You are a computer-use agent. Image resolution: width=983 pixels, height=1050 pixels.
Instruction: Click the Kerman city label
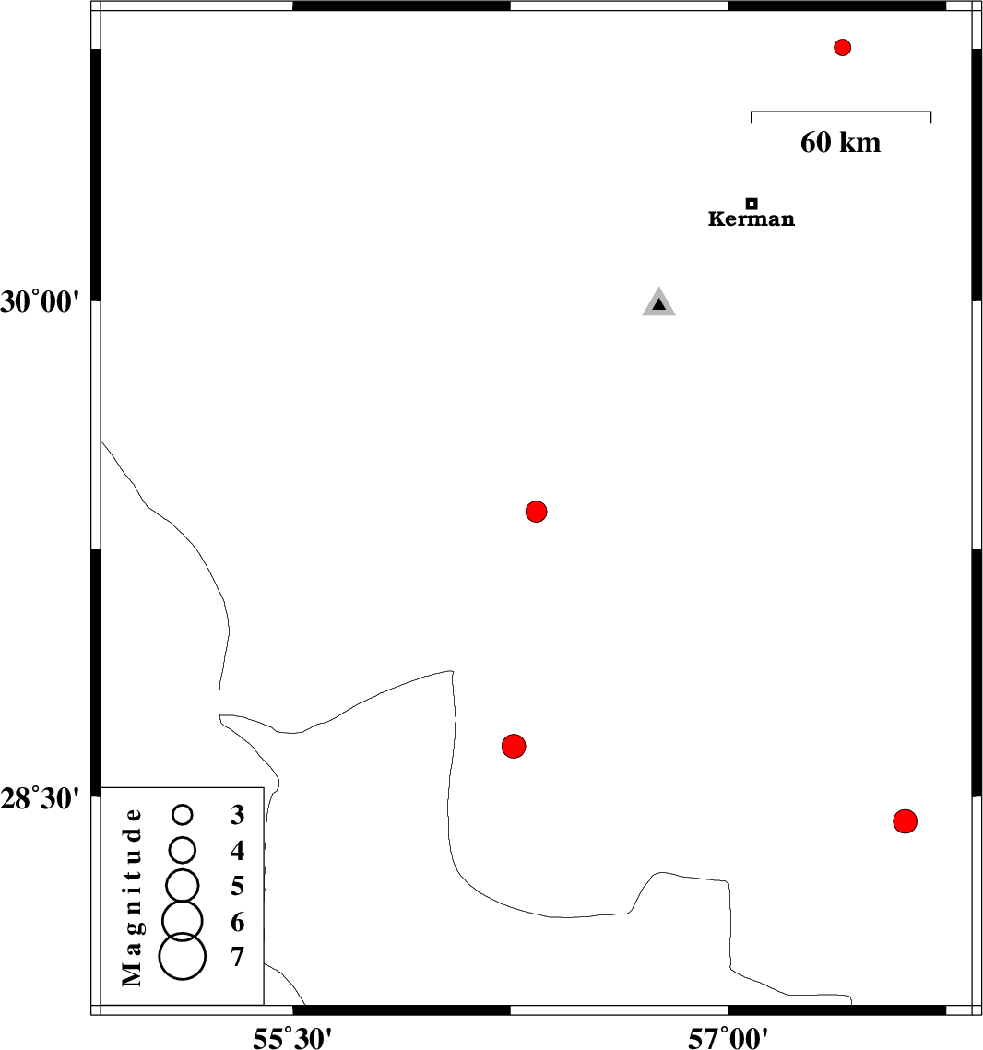(x=751, y=219)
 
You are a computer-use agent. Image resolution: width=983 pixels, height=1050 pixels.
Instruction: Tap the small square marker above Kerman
(x=752, y=203)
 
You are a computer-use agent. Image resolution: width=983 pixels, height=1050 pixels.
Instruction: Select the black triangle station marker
(x=658, y=303)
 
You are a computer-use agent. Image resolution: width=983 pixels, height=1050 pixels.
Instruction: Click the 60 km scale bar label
(x=840, y=143)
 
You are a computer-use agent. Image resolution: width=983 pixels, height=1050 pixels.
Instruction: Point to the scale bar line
(x=841, y=112)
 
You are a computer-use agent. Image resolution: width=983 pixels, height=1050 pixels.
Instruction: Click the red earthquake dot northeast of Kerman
(x=842, y=47)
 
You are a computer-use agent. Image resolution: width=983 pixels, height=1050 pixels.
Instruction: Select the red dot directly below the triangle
(x=537, y=511)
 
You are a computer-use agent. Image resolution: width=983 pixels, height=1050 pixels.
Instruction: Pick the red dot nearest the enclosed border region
(x=514, y=745)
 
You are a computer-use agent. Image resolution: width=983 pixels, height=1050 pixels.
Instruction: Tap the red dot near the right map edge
(x=906, y=820)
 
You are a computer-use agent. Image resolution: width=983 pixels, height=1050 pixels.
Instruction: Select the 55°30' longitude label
(x=292, y=1039)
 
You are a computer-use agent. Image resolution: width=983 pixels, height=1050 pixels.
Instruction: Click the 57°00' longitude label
(x=728, y=1039)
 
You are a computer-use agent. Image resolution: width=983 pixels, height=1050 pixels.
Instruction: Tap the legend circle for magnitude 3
(x=183, y=814)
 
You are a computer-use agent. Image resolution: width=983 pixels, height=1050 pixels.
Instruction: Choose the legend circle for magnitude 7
(x=183, y=956)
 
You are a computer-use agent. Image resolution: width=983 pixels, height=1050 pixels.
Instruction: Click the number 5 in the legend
(x=238, y=887)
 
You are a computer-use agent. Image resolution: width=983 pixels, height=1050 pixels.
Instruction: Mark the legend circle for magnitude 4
(x=183, y=848)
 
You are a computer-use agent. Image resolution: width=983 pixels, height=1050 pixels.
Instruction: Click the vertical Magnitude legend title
(x=134, y=896)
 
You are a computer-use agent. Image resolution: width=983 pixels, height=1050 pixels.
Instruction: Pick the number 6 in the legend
(x=238, y=922)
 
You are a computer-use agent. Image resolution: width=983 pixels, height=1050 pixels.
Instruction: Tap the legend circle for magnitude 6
(x=183, y=918)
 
